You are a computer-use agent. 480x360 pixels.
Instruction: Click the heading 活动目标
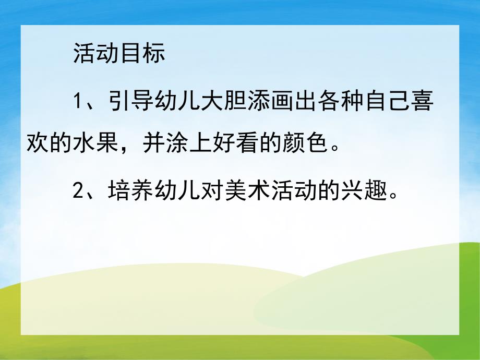(x=119, y=54)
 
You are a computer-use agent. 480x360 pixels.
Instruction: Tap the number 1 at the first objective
(x=79, y=101)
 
